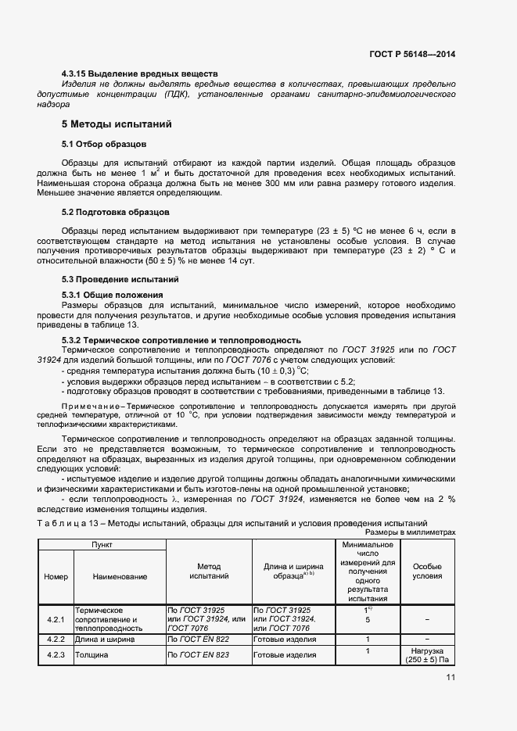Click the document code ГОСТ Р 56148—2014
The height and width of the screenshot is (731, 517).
point(412,54)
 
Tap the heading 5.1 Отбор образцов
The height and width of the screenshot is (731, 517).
point(103,145)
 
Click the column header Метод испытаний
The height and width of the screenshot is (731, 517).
point(209,571)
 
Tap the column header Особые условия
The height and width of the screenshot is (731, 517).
point(427,571)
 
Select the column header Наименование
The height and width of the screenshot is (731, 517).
point(120,576)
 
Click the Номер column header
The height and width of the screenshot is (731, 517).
point(56,576)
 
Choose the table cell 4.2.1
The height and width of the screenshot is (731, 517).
point(56,619)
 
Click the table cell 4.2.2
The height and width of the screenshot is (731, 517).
point(56,639)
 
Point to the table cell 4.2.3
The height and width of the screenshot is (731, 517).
point(56,654)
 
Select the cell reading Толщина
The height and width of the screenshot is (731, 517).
point(91,654)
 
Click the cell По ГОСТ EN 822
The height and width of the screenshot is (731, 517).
point(198,639)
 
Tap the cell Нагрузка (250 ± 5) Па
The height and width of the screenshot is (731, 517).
point(427,655)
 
